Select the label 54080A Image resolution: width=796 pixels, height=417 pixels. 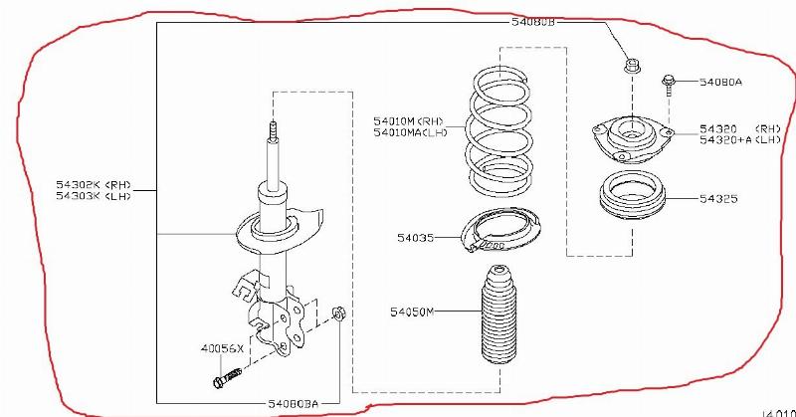pos(721,83)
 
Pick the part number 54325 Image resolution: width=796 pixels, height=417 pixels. pos(717,199)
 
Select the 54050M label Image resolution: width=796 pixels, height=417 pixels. pos(414,312)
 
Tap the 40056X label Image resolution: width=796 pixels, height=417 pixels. pos(221,348)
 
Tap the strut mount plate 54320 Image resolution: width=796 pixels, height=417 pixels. pos(626,138)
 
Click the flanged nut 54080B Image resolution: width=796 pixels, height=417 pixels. pos(629,68)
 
